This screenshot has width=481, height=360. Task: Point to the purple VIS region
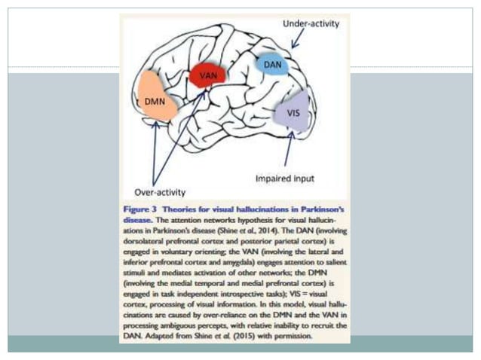coord(294,111)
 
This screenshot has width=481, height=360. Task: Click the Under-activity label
coord(311,24)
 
